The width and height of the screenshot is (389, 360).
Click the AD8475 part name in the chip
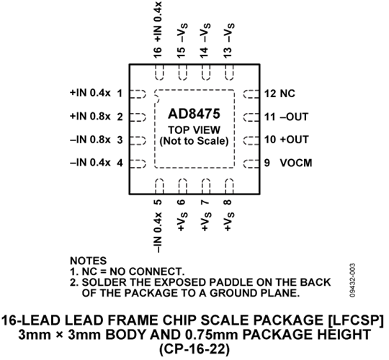tap(194, 114)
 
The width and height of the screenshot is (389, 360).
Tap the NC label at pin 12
tap(287, 94)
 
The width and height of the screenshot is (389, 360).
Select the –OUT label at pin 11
tap(294, 117)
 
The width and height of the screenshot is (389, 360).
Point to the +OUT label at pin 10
tap(294, 140)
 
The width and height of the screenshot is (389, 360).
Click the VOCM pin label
tap(296, 163)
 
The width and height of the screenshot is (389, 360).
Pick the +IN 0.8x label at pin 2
tap(90, 117)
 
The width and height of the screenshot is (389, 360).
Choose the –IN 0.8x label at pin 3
tap(90, 140)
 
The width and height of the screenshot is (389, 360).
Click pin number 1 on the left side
tap(120, 94)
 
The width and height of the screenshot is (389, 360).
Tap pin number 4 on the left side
tap(120, 163)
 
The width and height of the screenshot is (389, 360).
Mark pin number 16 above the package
tap(158, 53)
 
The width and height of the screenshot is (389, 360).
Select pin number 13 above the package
tap(228, 53)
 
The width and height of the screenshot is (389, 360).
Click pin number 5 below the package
tap(158, 202)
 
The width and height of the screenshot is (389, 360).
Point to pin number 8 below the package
tap(228, 202)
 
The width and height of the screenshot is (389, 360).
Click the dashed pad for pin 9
tap(251, 163)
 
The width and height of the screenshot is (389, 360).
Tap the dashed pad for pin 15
tap(182, 73)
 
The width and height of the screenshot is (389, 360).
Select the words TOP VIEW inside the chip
tap(194, 130)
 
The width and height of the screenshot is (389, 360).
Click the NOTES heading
tap(89, 261)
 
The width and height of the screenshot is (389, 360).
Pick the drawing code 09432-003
tap(353, 280)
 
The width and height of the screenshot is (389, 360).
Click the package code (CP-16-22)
tap(194, 349)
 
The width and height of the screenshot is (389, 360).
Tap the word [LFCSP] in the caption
tap(356, 320)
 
